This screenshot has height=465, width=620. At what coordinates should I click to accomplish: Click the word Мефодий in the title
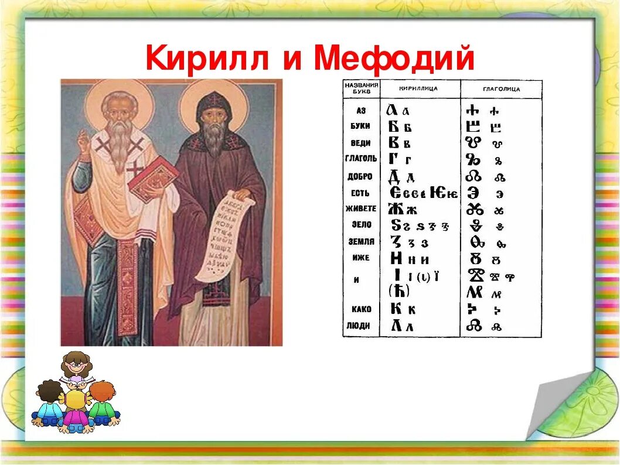[394, 59]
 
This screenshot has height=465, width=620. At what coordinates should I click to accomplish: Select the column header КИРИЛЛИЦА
[418, 89]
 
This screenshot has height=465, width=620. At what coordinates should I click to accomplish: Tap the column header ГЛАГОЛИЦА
[501, 90]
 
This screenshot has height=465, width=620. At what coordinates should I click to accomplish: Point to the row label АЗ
[361, 110]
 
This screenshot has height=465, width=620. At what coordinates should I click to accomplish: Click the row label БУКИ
[359, 126]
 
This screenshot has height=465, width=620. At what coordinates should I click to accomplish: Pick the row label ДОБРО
[360, 176]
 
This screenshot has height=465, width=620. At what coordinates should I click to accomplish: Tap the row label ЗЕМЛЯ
[360, 241]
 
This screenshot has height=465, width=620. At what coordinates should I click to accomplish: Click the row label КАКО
[360, 309]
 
